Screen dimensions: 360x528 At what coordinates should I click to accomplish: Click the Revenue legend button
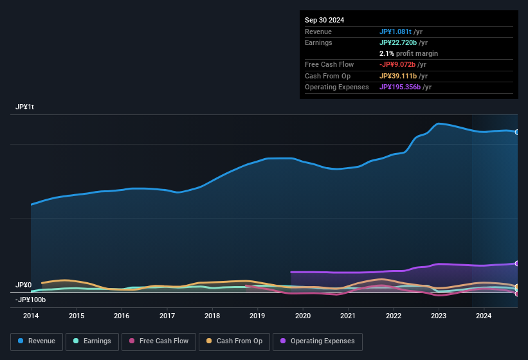click(x=36, y=341)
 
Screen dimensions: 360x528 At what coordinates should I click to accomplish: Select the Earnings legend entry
click(x=92, y=341)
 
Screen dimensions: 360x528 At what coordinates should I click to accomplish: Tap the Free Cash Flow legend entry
click(x=159, y=341)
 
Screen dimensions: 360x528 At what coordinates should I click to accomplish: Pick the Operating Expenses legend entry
click(x=318, y=341)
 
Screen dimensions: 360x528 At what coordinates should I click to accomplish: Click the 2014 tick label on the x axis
click(x=31, y=316)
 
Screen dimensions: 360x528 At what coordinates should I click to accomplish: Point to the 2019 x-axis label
click(x=257, y=316)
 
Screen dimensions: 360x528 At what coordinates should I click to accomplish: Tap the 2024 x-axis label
click(x=484, y=316)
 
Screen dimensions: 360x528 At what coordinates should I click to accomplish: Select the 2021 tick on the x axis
click(x=348, y=316)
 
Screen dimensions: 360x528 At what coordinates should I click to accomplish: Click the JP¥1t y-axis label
click(x=24, y=107)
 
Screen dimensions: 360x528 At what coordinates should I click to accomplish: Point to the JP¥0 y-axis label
click(x=24, y=285)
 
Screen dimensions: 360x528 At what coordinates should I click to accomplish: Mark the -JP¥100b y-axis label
click(x=31, y=300)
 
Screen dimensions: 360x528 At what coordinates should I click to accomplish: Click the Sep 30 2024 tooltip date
click(x=324, y=20)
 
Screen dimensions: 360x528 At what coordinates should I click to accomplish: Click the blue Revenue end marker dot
click(x=517, y=132)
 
